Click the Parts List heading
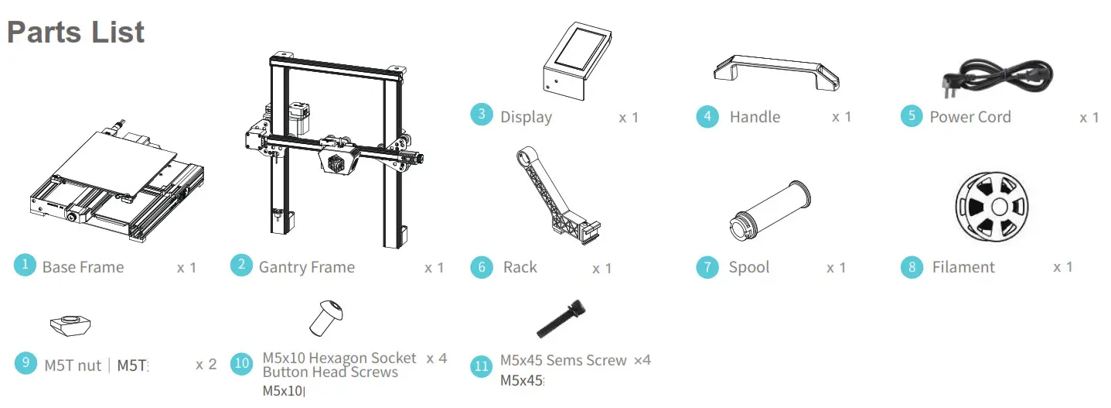click(76, 32)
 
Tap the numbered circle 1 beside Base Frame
click(25, 265)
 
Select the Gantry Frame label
click(306, 268)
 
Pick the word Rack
click(520, 267)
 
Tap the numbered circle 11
click(482, 365)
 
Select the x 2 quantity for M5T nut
click(206, 364)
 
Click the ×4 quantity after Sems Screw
click(642, 360)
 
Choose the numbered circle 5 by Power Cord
click(912, 116)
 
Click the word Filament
click(963, 267)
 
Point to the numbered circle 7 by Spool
click(707, 268)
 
